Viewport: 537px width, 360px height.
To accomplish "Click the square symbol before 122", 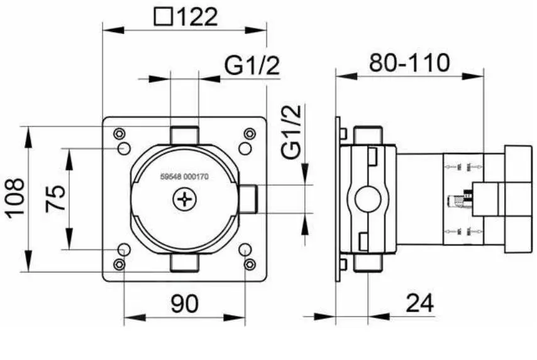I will [163, 17].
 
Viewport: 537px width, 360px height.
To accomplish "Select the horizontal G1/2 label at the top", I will [252, 65].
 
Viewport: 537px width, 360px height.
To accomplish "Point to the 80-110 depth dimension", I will [409, 63].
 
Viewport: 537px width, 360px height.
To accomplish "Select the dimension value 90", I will [184, 303].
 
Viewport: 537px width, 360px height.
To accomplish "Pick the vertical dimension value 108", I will [15, 198].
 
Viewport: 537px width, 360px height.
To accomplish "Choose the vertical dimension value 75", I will [55, 199].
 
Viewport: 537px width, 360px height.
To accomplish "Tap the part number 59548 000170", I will [184, 177].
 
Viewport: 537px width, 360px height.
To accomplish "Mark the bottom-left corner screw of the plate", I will [119, 264].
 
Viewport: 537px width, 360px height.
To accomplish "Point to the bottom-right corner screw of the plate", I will [250, 264].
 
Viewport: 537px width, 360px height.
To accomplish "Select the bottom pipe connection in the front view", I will [184, 262].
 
